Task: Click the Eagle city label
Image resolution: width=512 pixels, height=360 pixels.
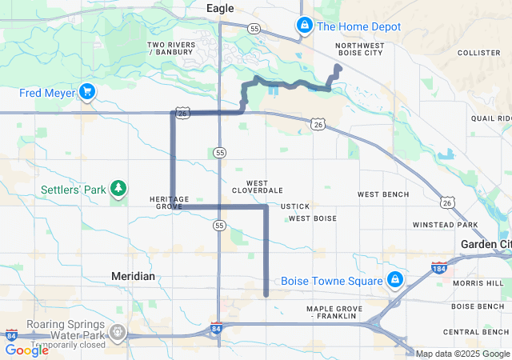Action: (220, 8)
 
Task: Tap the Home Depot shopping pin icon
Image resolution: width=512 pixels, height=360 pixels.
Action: (304, 26)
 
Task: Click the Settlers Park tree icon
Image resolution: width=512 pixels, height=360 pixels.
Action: (118, 190)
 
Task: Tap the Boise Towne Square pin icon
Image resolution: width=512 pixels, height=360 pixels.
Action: (394, 280)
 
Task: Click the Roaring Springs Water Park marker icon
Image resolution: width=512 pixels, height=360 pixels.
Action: (118, 331)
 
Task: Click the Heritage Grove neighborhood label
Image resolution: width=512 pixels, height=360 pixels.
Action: (169, 202)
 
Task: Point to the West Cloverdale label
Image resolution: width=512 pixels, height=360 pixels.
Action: (257, 187)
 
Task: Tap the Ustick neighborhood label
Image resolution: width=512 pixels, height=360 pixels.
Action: (295, 206)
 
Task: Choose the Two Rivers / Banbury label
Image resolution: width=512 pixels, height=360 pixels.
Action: (170, 49)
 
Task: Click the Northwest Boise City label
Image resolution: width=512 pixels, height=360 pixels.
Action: (360, 50)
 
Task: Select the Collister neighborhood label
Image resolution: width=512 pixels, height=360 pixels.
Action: (478, 53)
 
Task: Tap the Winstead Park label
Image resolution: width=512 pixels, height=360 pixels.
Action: (445, 225)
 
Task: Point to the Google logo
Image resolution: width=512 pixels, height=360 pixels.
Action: (26, 350)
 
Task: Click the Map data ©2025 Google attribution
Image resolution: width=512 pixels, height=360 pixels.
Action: (462, 354)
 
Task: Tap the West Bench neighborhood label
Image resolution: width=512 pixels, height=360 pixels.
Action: (382, 194)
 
